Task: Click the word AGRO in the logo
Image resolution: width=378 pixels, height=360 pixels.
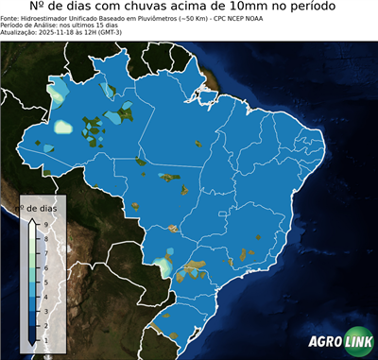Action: [x=325, y=342]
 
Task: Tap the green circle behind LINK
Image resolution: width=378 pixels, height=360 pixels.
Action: [x=356, y=342]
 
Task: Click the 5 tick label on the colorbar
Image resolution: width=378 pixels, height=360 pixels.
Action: [x=45, y=281]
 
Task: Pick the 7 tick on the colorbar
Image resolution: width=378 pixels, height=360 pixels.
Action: [x=45, y=252]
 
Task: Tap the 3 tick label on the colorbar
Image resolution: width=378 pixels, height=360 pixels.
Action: [x=45, y=310]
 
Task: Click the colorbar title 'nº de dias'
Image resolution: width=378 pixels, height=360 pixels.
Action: [x=41, y=207]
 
